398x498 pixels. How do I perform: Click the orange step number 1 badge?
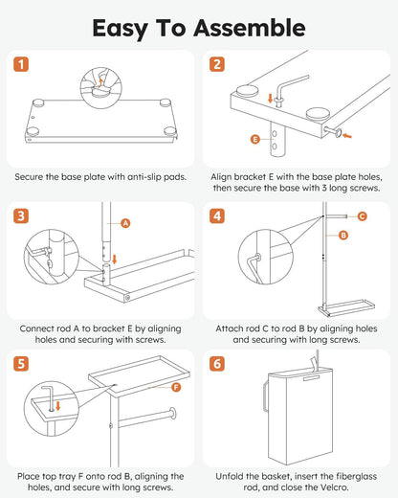(x=21, y=64)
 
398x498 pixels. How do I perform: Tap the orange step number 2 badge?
(x=217, y=64)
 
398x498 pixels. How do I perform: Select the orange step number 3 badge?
(x=21, y=216)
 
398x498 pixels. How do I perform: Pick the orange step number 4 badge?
(x=217, y=216)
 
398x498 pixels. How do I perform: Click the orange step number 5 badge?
(x=21, y=364)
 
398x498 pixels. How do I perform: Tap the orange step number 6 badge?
(x=217, y=364)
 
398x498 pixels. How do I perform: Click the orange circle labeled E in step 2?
(x=255, y=139)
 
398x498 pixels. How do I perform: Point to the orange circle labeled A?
(x=126, y=223)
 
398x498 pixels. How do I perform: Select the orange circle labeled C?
(x=362, y=216)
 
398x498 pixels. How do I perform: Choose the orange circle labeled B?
(x=343, y=236)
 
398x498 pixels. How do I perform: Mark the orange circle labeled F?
(x=176, y=388)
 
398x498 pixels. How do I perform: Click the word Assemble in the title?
(x=250, y=28)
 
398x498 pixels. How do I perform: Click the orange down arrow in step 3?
(x=115, y=259)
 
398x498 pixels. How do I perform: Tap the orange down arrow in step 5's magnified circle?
(x=58, y=406)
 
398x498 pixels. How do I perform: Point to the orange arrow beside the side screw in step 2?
(x=347, y=136)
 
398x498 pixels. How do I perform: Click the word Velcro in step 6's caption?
(x=335, y=487)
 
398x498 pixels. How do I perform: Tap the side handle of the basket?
(x=265, y=395)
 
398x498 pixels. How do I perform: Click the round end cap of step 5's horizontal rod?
(x=173, y=413)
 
